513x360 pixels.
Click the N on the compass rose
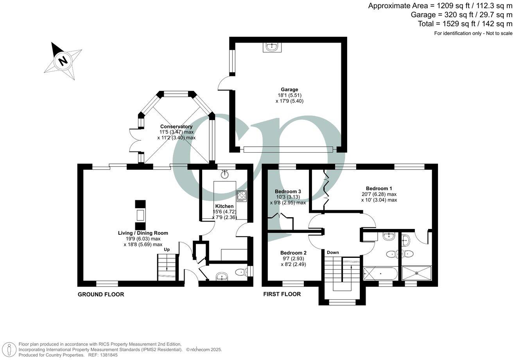pos(62,61)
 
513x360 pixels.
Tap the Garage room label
pos(289,89)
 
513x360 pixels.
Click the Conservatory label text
pos(176,126)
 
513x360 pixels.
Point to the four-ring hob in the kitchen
pos(241,195)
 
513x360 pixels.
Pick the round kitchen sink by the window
pos(224,175)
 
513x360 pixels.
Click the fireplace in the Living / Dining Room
pos(140,215)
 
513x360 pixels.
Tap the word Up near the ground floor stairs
pos(167,249)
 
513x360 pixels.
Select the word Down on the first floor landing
pos(333,252)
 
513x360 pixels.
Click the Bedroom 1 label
pos(379,188)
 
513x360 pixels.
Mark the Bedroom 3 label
pos(287,191)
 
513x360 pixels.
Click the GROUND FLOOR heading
pos(101,294)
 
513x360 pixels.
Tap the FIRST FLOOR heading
pos(282,294)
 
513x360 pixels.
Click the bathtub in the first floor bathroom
pos(380,273)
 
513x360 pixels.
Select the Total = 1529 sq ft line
pos(465,24)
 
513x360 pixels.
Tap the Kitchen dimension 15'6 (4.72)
pos(224,212)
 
